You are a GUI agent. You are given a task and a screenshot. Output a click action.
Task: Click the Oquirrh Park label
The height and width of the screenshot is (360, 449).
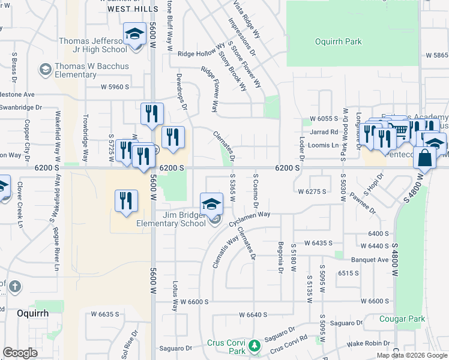click(x=339, y=41)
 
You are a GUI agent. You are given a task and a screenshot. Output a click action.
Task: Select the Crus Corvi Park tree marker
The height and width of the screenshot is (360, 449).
click(x=255, y=346)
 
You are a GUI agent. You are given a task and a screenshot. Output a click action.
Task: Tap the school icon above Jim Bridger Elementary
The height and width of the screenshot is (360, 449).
click(x=211, y=205)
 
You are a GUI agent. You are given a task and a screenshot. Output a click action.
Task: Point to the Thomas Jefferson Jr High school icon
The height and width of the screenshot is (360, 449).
click(x=135, y=34)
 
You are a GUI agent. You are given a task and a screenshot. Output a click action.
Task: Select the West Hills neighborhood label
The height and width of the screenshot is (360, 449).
click(x=128, y=10)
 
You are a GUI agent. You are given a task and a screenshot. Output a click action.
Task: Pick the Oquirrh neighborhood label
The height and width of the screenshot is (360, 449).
click(x=32, y=313)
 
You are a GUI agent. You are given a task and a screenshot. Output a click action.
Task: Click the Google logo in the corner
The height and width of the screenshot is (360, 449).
click(x=20, y=353)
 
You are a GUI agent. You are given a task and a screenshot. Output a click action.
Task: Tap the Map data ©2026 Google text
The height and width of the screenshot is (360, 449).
click(x=412, y=355)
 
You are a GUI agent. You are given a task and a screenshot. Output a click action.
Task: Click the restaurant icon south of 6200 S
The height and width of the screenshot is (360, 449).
click(x=126, y=200)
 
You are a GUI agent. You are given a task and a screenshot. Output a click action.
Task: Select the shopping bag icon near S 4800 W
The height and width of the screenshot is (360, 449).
click(x=424, y=158)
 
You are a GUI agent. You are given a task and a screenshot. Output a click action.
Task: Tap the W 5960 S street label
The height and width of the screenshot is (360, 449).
click(x=115, y=87)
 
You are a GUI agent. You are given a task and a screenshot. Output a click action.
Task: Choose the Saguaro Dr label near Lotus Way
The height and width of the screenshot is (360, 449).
click(x=175, y=348)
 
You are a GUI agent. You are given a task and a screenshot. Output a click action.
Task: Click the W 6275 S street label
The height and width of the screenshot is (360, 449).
click(x=312, y=191)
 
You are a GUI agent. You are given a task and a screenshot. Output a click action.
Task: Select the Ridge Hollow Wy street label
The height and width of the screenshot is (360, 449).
click(x=201, y=53)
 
